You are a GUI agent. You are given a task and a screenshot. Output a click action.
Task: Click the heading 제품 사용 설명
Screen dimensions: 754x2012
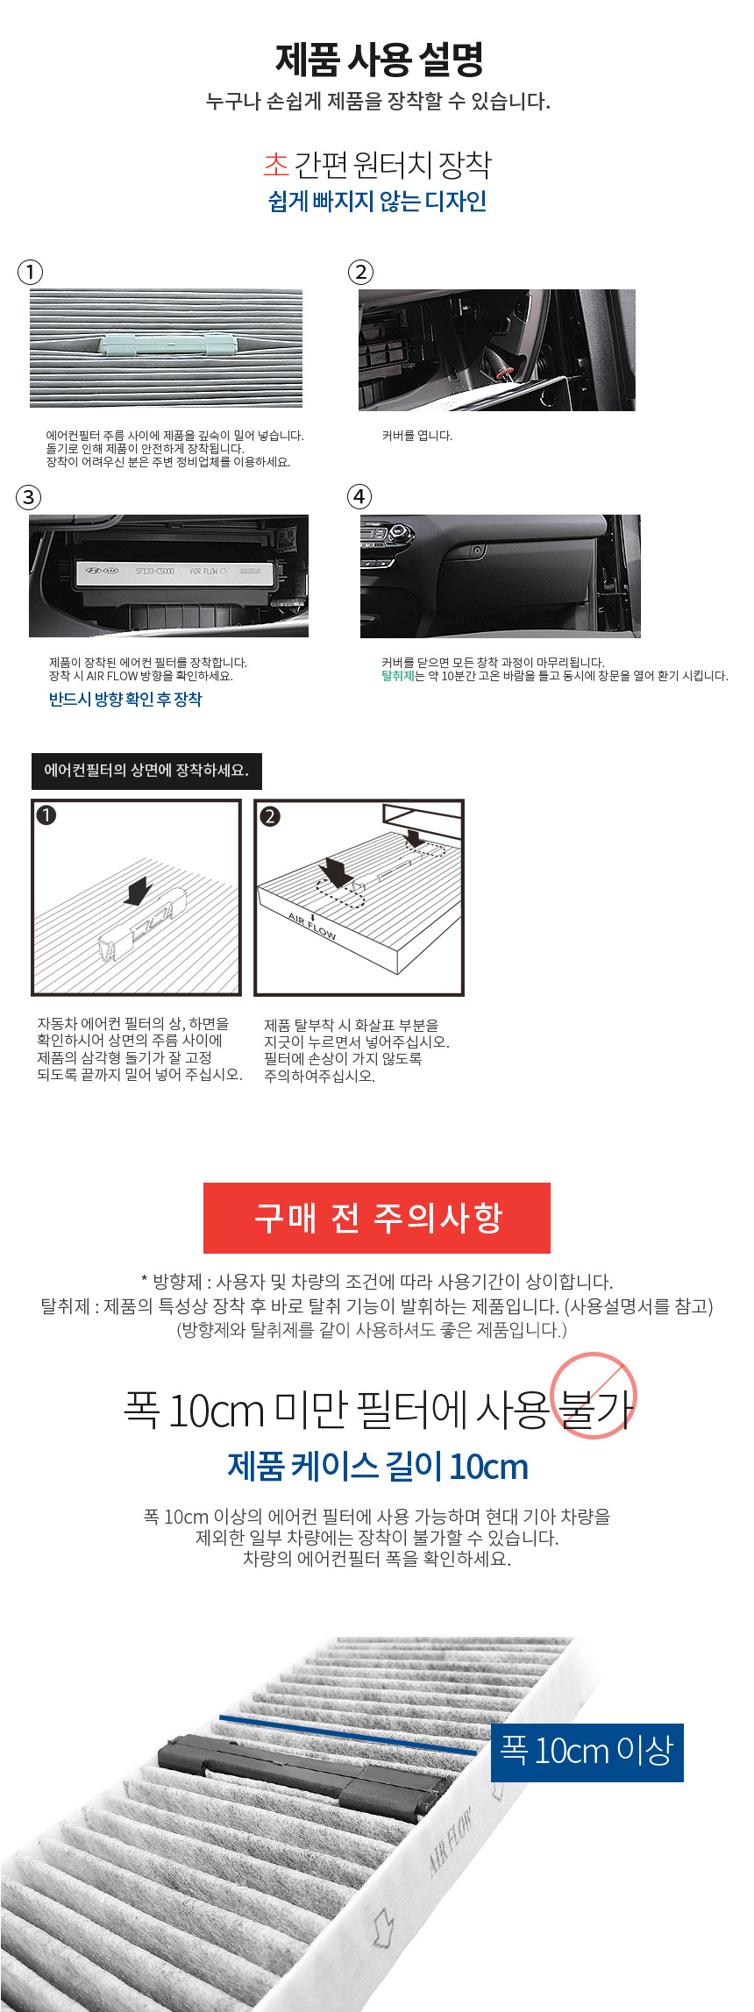click(379, 60)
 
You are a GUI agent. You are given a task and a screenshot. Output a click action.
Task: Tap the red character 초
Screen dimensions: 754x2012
click(275, 164)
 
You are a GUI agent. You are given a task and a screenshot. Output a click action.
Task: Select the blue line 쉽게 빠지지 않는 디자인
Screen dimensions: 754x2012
click(377, 202)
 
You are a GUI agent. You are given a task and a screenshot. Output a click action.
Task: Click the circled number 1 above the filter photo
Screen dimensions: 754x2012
click(30, 272)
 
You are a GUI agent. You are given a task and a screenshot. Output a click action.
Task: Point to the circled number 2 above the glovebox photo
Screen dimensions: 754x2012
click(360, 272)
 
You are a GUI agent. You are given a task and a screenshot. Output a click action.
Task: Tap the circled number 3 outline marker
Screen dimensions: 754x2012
click(29, 497)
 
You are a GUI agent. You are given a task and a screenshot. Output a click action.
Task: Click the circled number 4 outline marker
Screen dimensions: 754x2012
click(359, 496)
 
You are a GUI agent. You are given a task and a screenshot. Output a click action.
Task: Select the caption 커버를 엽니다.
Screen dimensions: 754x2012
click(417, 436)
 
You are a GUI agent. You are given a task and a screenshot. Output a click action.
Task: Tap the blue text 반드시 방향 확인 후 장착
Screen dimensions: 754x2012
click(125, 699)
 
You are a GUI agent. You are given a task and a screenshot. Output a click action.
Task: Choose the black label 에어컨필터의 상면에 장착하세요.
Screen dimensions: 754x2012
click(146, 771)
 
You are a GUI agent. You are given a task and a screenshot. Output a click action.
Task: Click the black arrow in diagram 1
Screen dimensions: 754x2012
click(138, 892)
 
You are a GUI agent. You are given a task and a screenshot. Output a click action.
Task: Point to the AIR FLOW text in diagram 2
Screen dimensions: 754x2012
click(312, 926)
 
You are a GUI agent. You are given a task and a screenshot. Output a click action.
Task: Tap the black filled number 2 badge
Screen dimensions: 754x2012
click(270, 816)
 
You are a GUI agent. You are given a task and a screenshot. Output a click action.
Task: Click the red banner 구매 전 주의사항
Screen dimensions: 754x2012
click(377, 1218)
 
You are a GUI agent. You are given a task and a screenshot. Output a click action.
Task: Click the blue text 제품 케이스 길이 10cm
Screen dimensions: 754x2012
click(378, 1466)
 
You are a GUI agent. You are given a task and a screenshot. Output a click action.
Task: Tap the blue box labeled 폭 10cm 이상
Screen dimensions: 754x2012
click(587, 1753)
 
